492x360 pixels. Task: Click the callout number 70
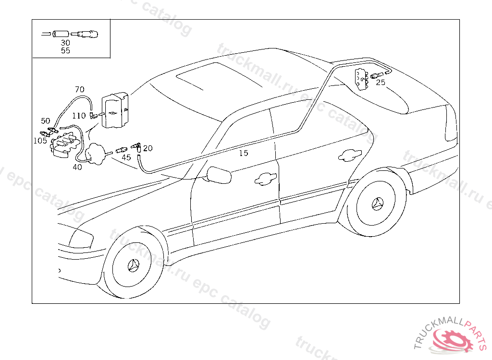(79, 89)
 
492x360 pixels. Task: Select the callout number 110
(79, 116)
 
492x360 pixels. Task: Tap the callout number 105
(40, 141)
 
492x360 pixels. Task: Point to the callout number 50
(45, 121)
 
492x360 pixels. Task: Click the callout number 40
(77, 167)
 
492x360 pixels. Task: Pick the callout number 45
(126, 157)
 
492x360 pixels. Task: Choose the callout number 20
(148, 148)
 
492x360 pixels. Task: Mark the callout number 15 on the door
(244, 153)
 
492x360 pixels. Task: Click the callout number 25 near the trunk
(381, 82)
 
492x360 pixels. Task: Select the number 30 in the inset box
(65, 43)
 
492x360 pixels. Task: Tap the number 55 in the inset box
(65, 50)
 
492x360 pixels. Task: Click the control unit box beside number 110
(115, 111)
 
